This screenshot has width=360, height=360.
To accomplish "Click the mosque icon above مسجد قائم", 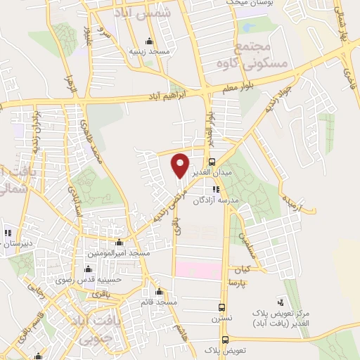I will click(160, 292).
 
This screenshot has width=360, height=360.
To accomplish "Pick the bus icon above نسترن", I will click(222, 307).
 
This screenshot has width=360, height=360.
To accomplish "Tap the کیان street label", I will click(242, 269).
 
